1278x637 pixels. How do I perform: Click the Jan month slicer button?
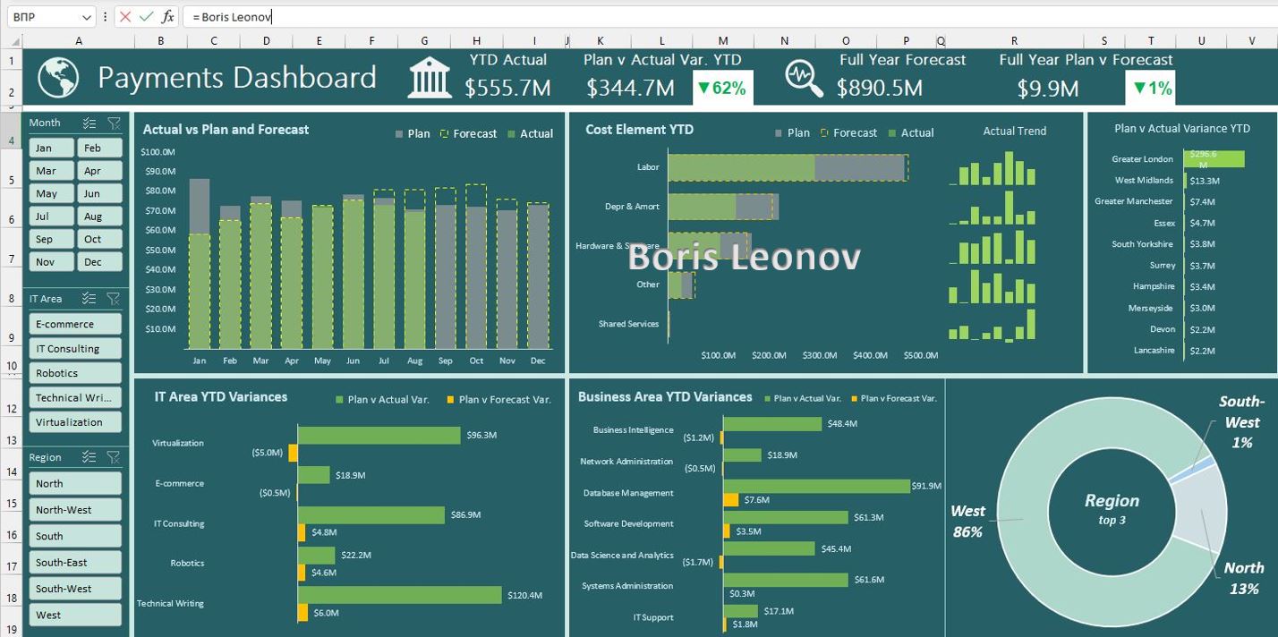pyautogui.click(x=51, y=148)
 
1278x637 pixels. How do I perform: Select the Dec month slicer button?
pyautogui.click(x=100, y=262)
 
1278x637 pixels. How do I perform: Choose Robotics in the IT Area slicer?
pyautogui.click(x=75, y=373)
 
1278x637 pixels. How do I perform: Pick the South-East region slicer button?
pyautogui.click(x=75, y=563)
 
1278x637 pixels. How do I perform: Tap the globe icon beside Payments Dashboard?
pyautogui.click(x=58, y=78)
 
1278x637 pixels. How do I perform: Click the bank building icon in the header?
pyautogui.click(x=430, y=78)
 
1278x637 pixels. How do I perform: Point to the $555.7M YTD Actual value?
pyautogui.click(x=507, y=88)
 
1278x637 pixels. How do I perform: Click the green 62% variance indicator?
pyautogui.click(x=722, y=88)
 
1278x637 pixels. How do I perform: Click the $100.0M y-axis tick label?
pyautogui.click(x=158, y=152)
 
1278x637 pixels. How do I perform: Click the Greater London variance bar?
pyautogui.click(x=1214, y=158)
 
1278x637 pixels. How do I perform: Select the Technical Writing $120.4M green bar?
pyautogui.click(x=399, y=595)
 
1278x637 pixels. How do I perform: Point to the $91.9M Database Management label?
pyautogui.click(x=926, y=486)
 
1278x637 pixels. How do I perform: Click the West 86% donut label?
pyautogui.click(x=967, y=522)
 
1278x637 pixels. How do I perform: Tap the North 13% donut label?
pyautogui.click(x=1243, y=578)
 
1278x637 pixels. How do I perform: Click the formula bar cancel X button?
pyautogui.click(x=125, y=17)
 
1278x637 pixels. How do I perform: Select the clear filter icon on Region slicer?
pyautogui.click(x=114, y=457)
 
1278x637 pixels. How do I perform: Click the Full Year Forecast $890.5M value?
pyautogui.click(x=879, y=88)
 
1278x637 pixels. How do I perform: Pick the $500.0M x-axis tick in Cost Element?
pyautogui.click(x=920, y=355)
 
